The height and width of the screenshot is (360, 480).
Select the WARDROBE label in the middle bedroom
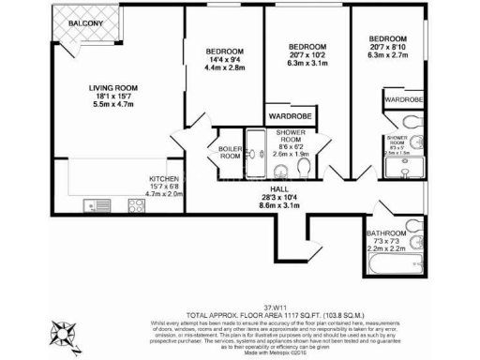point(289,116)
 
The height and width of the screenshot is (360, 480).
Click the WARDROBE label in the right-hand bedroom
point(402,98)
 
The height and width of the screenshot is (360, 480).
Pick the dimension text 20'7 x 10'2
point(307,56)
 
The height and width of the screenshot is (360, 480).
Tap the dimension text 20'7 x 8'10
point(388,47)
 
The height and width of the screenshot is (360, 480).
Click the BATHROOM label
point(387,232)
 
